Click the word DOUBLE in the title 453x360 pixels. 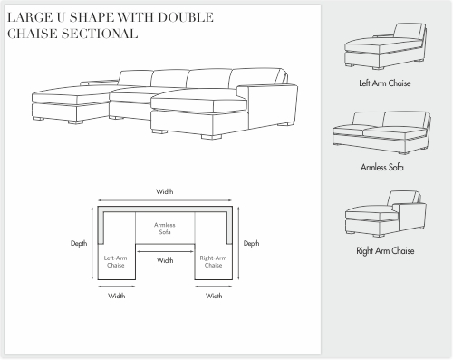point(186,17)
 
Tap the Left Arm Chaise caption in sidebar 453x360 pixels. point(385,83)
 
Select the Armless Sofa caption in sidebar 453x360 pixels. point(382,167)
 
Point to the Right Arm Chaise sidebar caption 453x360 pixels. point(385,250)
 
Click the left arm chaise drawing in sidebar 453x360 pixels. point(385,46)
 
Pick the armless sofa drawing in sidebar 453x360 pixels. point(381,132)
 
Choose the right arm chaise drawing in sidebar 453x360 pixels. point(386,214)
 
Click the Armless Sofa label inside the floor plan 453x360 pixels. point(165,229)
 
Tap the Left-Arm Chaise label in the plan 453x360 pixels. point(116,262)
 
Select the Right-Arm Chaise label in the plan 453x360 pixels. point(213,262)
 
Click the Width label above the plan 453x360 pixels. point(165,191)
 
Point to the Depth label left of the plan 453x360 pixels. point(79,243)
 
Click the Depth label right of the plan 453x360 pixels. point(251,243)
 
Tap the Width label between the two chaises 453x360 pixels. point(165,260)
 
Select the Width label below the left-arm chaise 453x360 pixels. point(117,296)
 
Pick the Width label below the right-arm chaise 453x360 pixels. point(214,296)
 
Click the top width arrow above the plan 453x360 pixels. point(165,200)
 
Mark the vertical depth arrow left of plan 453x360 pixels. point(92,243)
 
